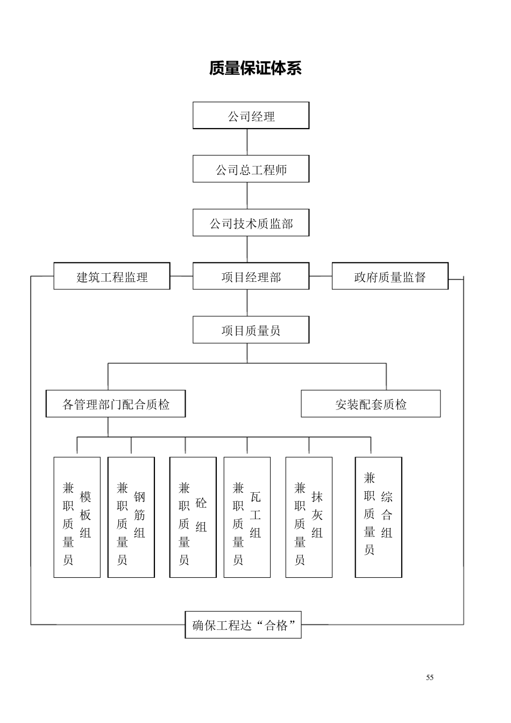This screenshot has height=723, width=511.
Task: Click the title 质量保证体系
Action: click(x=256, y=68)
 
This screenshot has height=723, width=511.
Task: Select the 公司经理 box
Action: click(x=251, y=116)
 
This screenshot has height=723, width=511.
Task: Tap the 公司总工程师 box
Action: click(x=251, y=169)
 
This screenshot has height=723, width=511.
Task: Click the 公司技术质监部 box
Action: click(x=251, y=223)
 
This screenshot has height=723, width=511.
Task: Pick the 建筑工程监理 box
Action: click(x=112, y=277)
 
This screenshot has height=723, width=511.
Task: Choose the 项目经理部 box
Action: click(x=251, y=277)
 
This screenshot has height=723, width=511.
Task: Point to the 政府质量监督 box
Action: click(x=390, y=277)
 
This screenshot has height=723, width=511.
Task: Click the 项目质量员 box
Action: click(x=251, y=330)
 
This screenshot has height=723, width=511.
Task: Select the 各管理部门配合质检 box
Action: click(x=116, y=404)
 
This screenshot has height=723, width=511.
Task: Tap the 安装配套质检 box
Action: click(x=371, y=404)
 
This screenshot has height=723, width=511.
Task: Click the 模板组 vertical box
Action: click(x=77, y=518)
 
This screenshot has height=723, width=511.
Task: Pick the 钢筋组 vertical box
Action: click(x=131, y=518)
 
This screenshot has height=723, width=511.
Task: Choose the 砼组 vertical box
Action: click(x=193, y=518)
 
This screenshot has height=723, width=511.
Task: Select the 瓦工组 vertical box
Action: click(x=247, y=518)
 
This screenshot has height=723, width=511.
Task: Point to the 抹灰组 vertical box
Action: click(x=309, y=518)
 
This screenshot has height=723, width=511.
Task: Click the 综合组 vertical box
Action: click(x=379, y=518)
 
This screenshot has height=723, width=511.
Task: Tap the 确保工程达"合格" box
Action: click(x=243, y=625)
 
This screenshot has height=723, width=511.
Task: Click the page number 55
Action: click(x=430, y=677)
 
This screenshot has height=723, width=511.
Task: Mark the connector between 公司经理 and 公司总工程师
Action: click(x=247, y=142)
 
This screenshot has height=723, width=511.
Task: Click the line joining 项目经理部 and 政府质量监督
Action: click(x=321, y=276)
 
